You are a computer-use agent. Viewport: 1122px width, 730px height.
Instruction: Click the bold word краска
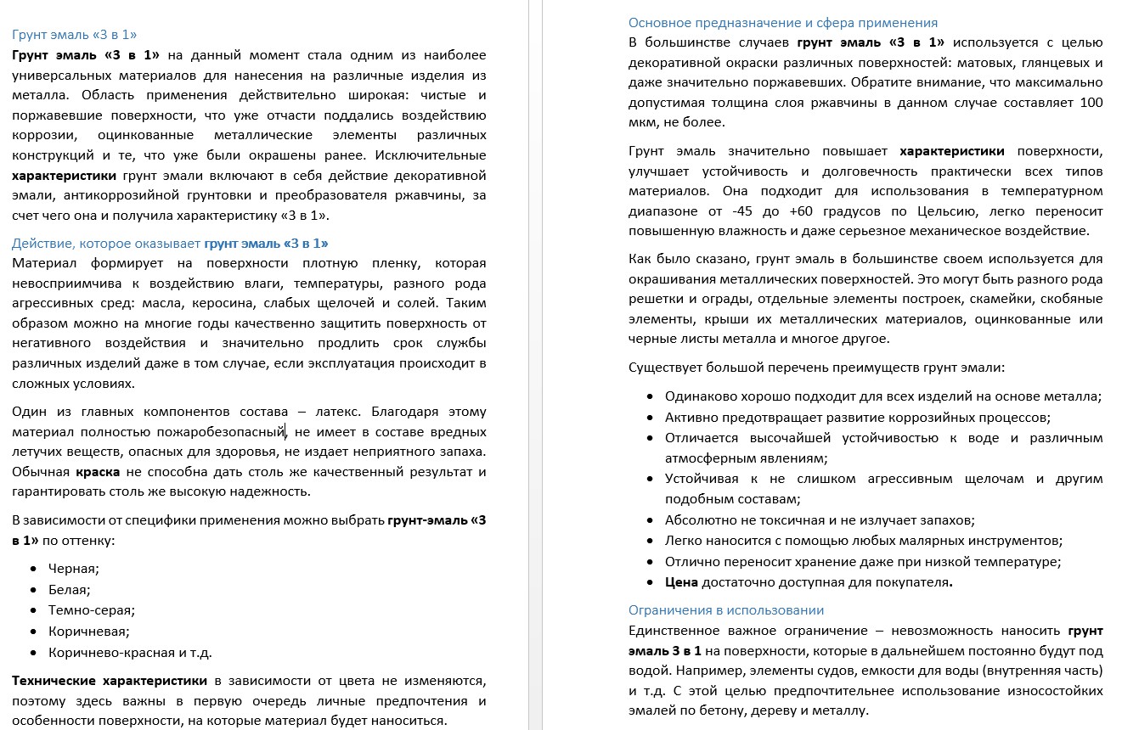click(98, 471)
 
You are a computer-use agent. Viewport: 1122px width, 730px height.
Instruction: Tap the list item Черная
click(73, 569)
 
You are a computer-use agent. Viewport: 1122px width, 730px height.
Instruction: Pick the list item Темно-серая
click(92, 609)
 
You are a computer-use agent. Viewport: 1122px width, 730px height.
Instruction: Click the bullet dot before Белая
click(33, 589)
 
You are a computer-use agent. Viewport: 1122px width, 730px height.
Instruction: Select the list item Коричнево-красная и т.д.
click(129, 652)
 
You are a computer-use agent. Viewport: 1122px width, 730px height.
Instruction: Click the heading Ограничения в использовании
click(725, 610)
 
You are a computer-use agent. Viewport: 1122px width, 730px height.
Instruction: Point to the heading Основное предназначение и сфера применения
click(782, 23)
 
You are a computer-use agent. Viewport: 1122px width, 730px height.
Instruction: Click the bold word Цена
click(681, 582)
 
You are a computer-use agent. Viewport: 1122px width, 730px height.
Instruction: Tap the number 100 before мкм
click(1091, 103)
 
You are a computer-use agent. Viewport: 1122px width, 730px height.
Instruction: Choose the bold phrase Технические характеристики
click(110, 681)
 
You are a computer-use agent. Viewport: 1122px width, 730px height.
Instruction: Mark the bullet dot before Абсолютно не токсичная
click(650, 520)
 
